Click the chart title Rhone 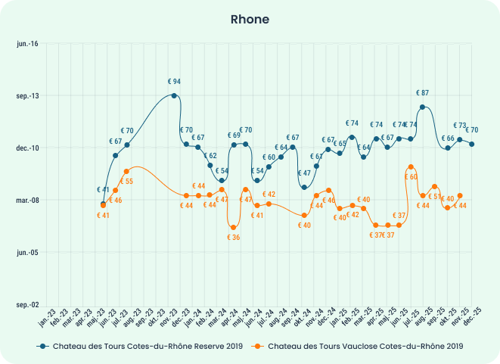250,19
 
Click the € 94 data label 174,82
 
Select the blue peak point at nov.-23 174,95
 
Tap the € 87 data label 422,93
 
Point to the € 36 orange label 234,238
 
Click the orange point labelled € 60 411,166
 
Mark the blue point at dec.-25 472,144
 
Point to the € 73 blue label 459,126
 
